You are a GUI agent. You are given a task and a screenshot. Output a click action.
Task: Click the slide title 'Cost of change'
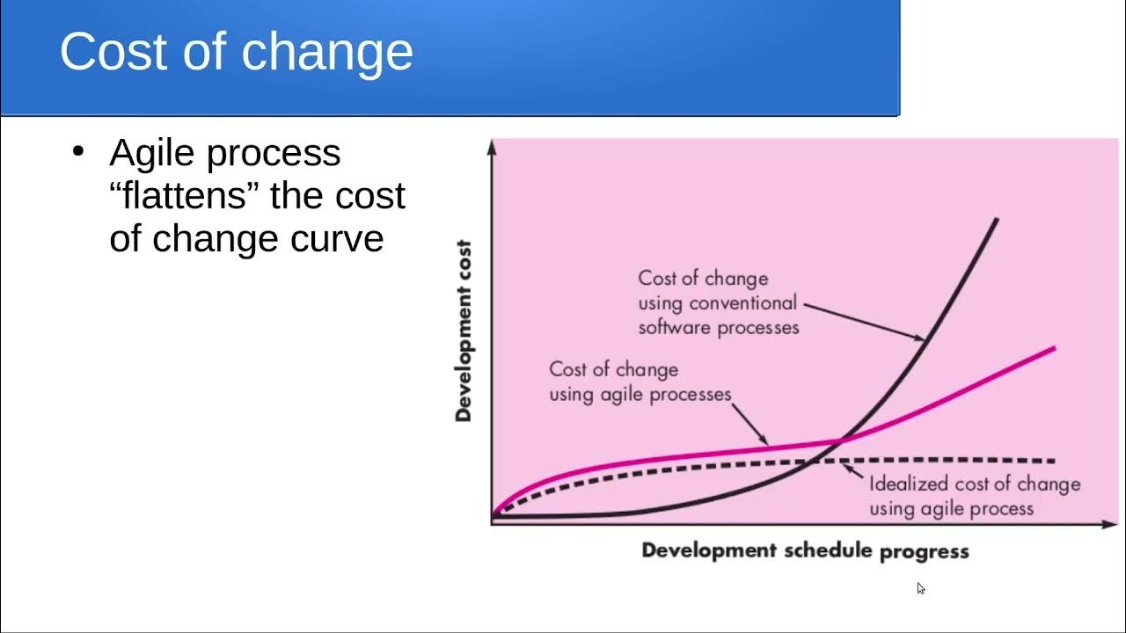point(236,51)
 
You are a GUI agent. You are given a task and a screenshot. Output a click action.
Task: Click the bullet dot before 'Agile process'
point(78,151)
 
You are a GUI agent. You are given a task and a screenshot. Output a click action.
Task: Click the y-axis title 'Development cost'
point(464,331)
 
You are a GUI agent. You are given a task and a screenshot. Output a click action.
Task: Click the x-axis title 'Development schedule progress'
point(804,551)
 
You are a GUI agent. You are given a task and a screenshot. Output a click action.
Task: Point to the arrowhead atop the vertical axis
point(492,146)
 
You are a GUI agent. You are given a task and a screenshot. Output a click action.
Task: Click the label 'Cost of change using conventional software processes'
point(718,302)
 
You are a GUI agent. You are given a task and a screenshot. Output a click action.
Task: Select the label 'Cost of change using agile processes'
point(640,382)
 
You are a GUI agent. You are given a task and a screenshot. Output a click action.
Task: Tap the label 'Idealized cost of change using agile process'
point(974,496)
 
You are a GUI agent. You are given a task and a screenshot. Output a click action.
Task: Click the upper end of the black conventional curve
point(997,219)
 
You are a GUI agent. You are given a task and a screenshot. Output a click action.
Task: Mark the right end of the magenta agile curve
point(1054,348)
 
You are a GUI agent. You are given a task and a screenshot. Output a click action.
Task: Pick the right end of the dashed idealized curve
point(1054,461)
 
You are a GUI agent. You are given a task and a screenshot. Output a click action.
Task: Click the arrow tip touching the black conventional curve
point(925,338)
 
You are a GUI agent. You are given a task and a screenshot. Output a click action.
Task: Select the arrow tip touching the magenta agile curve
point(768,446)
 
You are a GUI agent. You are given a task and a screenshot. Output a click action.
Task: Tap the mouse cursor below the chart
point(921,589)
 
